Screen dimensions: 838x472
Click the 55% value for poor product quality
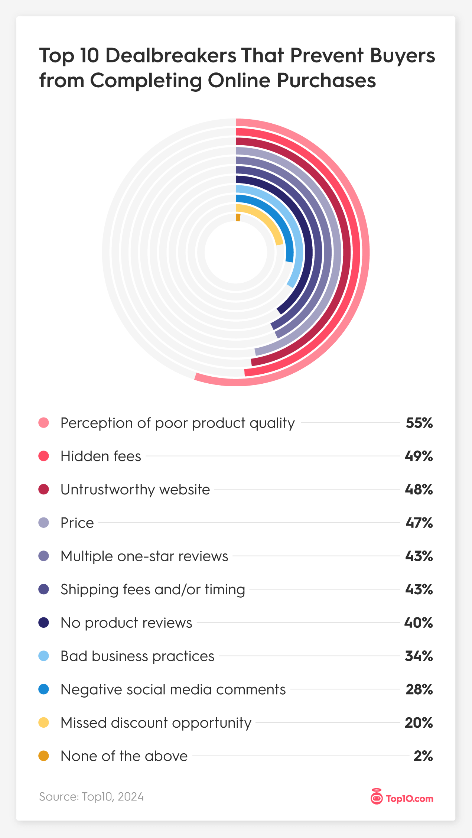tap(419, 423)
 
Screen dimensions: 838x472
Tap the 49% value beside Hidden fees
tap(419, 456)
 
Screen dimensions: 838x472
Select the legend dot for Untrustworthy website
tap(44, 489)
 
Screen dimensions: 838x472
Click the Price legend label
tap(77, 523)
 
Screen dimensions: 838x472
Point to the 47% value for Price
tap(419, 523)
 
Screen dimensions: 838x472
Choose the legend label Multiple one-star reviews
tap(144, 556)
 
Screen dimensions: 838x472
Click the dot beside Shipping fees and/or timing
tap(44, 589)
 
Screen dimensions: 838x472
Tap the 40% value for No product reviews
tap(418, 623)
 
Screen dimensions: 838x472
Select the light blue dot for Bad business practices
tap(44, 656)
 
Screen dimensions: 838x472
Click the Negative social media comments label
tap(173, 690)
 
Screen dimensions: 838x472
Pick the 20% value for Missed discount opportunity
tap(419, 723)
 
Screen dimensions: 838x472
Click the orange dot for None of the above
tap(44, 756)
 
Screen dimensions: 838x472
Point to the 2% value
tap(423, 756)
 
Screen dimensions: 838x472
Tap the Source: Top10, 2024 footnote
tap(91, 797)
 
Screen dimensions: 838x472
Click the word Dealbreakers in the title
tap(171, 56)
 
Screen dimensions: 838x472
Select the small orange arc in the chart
tap(238, 217)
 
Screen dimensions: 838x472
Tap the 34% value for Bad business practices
tap(419, 656)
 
